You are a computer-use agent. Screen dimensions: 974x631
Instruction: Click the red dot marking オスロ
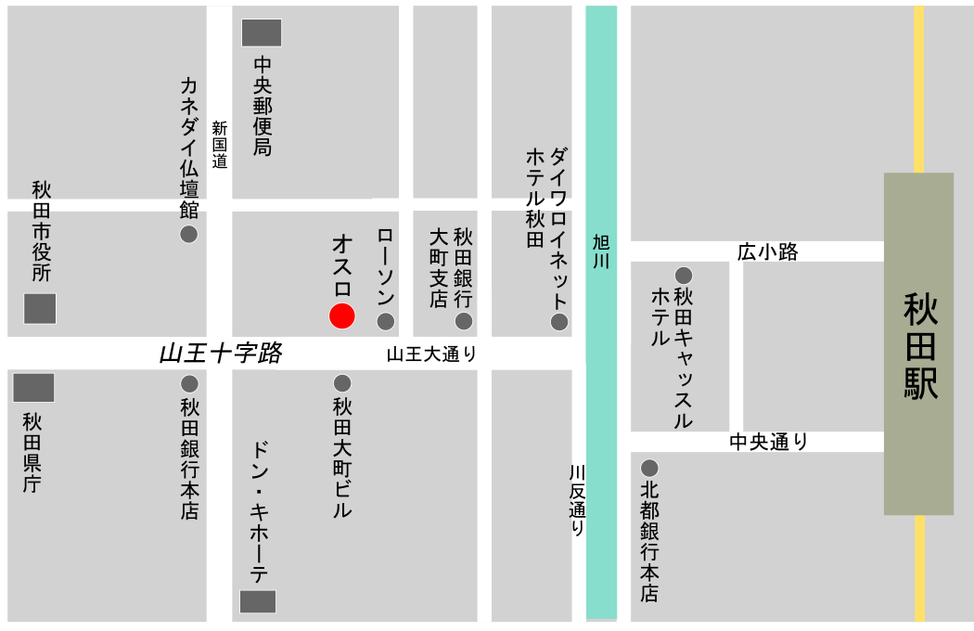click(342, 315)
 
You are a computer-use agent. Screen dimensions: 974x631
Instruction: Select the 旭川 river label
click(601, 251)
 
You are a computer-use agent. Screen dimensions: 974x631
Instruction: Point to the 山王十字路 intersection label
click(220, 353)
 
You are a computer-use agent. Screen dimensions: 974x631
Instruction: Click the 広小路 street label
click(767, 251)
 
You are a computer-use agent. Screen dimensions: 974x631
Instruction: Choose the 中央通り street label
click(768, 442)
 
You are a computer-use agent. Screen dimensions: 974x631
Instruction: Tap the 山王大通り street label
click(431, 353)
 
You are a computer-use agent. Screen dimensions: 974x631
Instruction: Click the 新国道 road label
click(220, 145)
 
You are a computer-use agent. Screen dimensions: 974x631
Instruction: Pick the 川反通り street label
click(577, 500)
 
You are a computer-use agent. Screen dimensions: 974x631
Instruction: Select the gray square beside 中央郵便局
click(262, 32)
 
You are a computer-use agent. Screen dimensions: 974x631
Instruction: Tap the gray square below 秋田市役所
click(40, 308)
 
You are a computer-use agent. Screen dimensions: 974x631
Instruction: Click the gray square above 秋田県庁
click(33, 387)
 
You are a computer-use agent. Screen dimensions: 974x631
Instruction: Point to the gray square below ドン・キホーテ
click(258, 601)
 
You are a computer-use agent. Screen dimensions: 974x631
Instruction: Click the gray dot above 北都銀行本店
click(649, 468)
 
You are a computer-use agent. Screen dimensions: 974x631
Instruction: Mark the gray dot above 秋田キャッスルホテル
click(684, 275)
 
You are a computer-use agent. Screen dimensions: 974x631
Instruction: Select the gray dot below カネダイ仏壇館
click(188, 234)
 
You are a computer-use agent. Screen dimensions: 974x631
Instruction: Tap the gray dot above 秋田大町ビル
click(342, 382)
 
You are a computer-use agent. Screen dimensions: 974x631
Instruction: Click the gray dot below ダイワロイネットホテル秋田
click(559, 321)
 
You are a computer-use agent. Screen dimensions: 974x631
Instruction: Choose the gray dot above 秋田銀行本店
click(189, 382)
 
